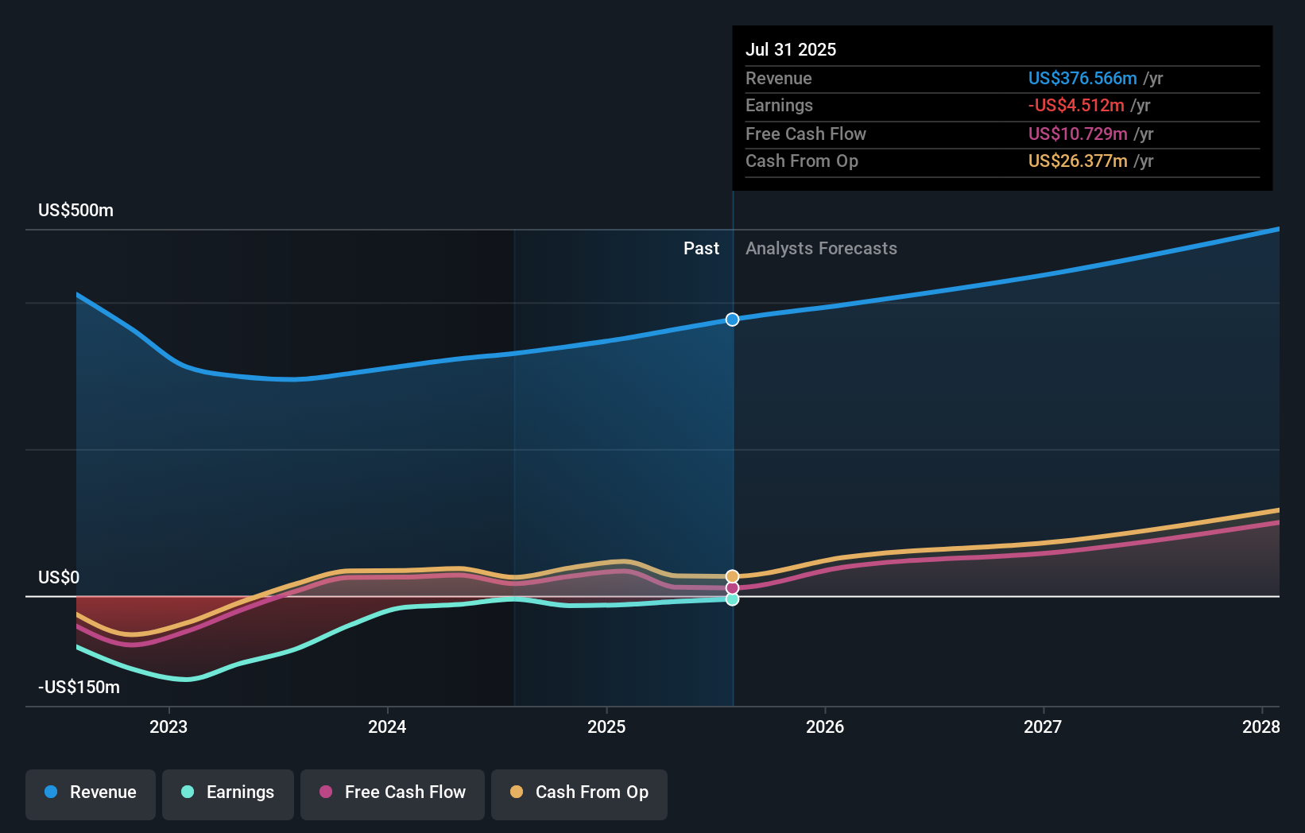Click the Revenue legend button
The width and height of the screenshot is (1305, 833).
(x=91, y=792)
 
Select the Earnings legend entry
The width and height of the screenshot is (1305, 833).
(x=228, y=792)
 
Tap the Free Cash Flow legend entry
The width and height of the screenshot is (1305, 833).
(x=393, y=792)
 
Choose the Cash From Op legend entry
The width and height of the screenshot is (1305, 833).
(x=579, y=792)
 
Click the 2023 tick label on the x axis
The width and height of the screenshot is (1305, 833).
(x=168, y=726)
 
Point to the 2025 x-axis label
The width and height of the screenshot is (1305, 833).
(x=606, y=726)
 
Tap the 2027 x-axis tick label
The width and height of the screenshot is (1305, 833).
(x=1043, y=726)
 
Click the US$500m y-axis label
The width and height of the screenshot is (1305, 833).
(x=76, y=211)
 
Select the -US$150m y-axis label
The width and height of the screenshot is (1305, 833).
(x=79, y=687)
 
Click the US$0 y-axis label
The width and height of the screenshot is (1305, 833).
(x=59, y=577)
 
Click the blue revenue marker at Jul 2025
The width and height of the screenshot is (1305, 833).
(x=732, y=320)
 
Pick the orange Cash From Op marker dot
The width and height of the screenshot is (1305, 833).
(x=732, y=576)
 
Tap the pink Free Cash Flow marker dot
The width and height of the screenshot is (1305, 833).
(x=732, y=588)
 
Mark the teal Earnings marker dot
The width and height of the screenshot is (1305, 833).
(x=732, y=599)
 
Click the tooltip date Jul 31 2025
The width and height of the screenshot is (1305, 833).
(x=791, y=49)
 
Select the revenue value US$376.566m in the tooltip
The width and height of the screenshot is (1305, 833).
(x=1082, y=78)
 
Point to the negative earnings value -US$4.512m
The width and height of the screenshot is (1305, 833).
(x=1076, y=106)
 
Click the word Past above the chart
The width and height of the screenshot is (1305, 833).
(x=701, y=249)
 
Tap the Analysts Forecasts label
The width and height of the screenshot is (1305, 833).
(x=821, y=249)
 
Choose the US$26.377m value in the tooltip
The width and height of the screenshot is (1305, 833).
(x=1078, y=161)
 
